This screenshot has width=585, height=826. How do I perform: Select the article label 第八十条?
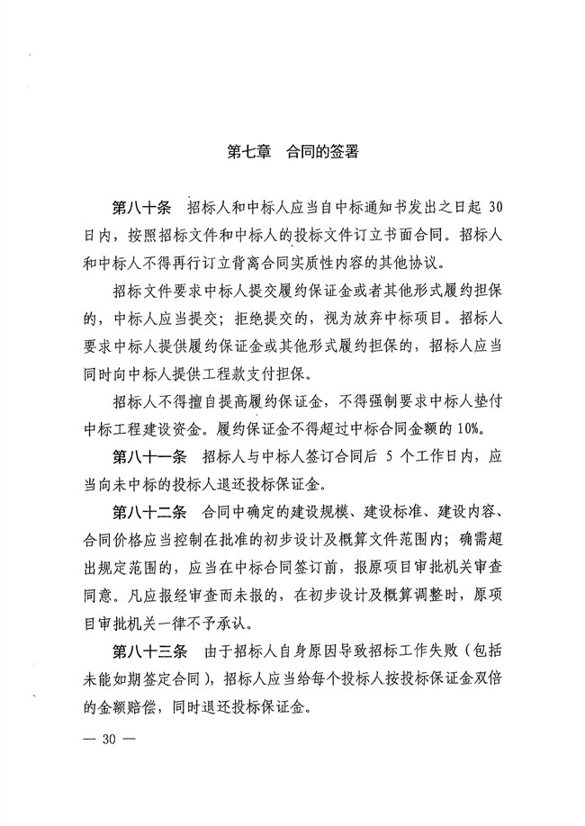141,208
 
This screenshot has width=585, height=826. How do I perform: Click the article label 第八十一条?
149,457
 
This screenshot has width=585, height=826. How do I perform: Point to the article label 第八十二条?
149,514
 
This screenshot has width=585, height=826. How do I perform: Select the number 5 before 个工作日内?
360,457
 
